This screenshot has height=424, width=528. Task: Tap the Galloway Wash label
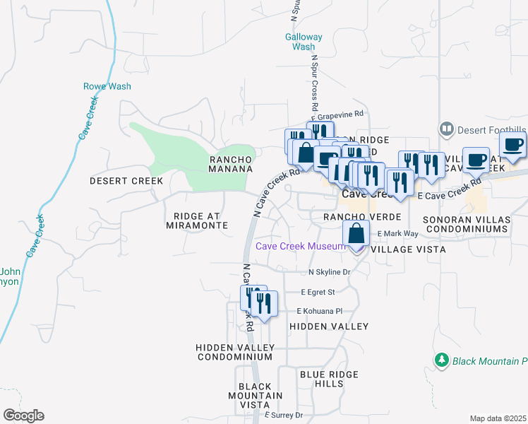(304, 42)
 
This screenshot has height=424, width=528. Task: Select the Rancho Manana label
(231, 164)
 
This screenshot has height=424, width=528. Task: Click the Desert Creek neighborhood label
(126, 181)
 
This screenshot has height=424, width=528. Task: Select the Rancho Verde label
(362, 216)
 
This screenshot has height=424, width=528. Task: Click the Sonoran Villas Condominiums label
(466, 225)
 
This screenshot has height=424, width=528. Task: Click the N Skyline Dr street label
(329, 272)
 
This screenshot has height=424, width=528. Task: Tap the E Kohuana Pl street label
(319, 311)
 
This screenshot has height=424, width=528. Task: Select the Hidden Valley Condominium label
(234, 352)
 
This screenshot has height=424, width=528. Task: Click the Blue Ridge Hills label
(329, 379)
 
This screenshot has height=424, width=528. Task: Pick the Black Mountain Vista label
(260, 395)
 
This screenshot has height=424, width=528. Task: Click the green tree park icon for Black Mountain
(442, 360)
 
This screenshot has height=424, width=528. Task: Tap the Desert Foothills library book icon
(446, 129)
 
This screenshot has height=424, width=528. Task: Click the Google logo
(23, 416)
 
